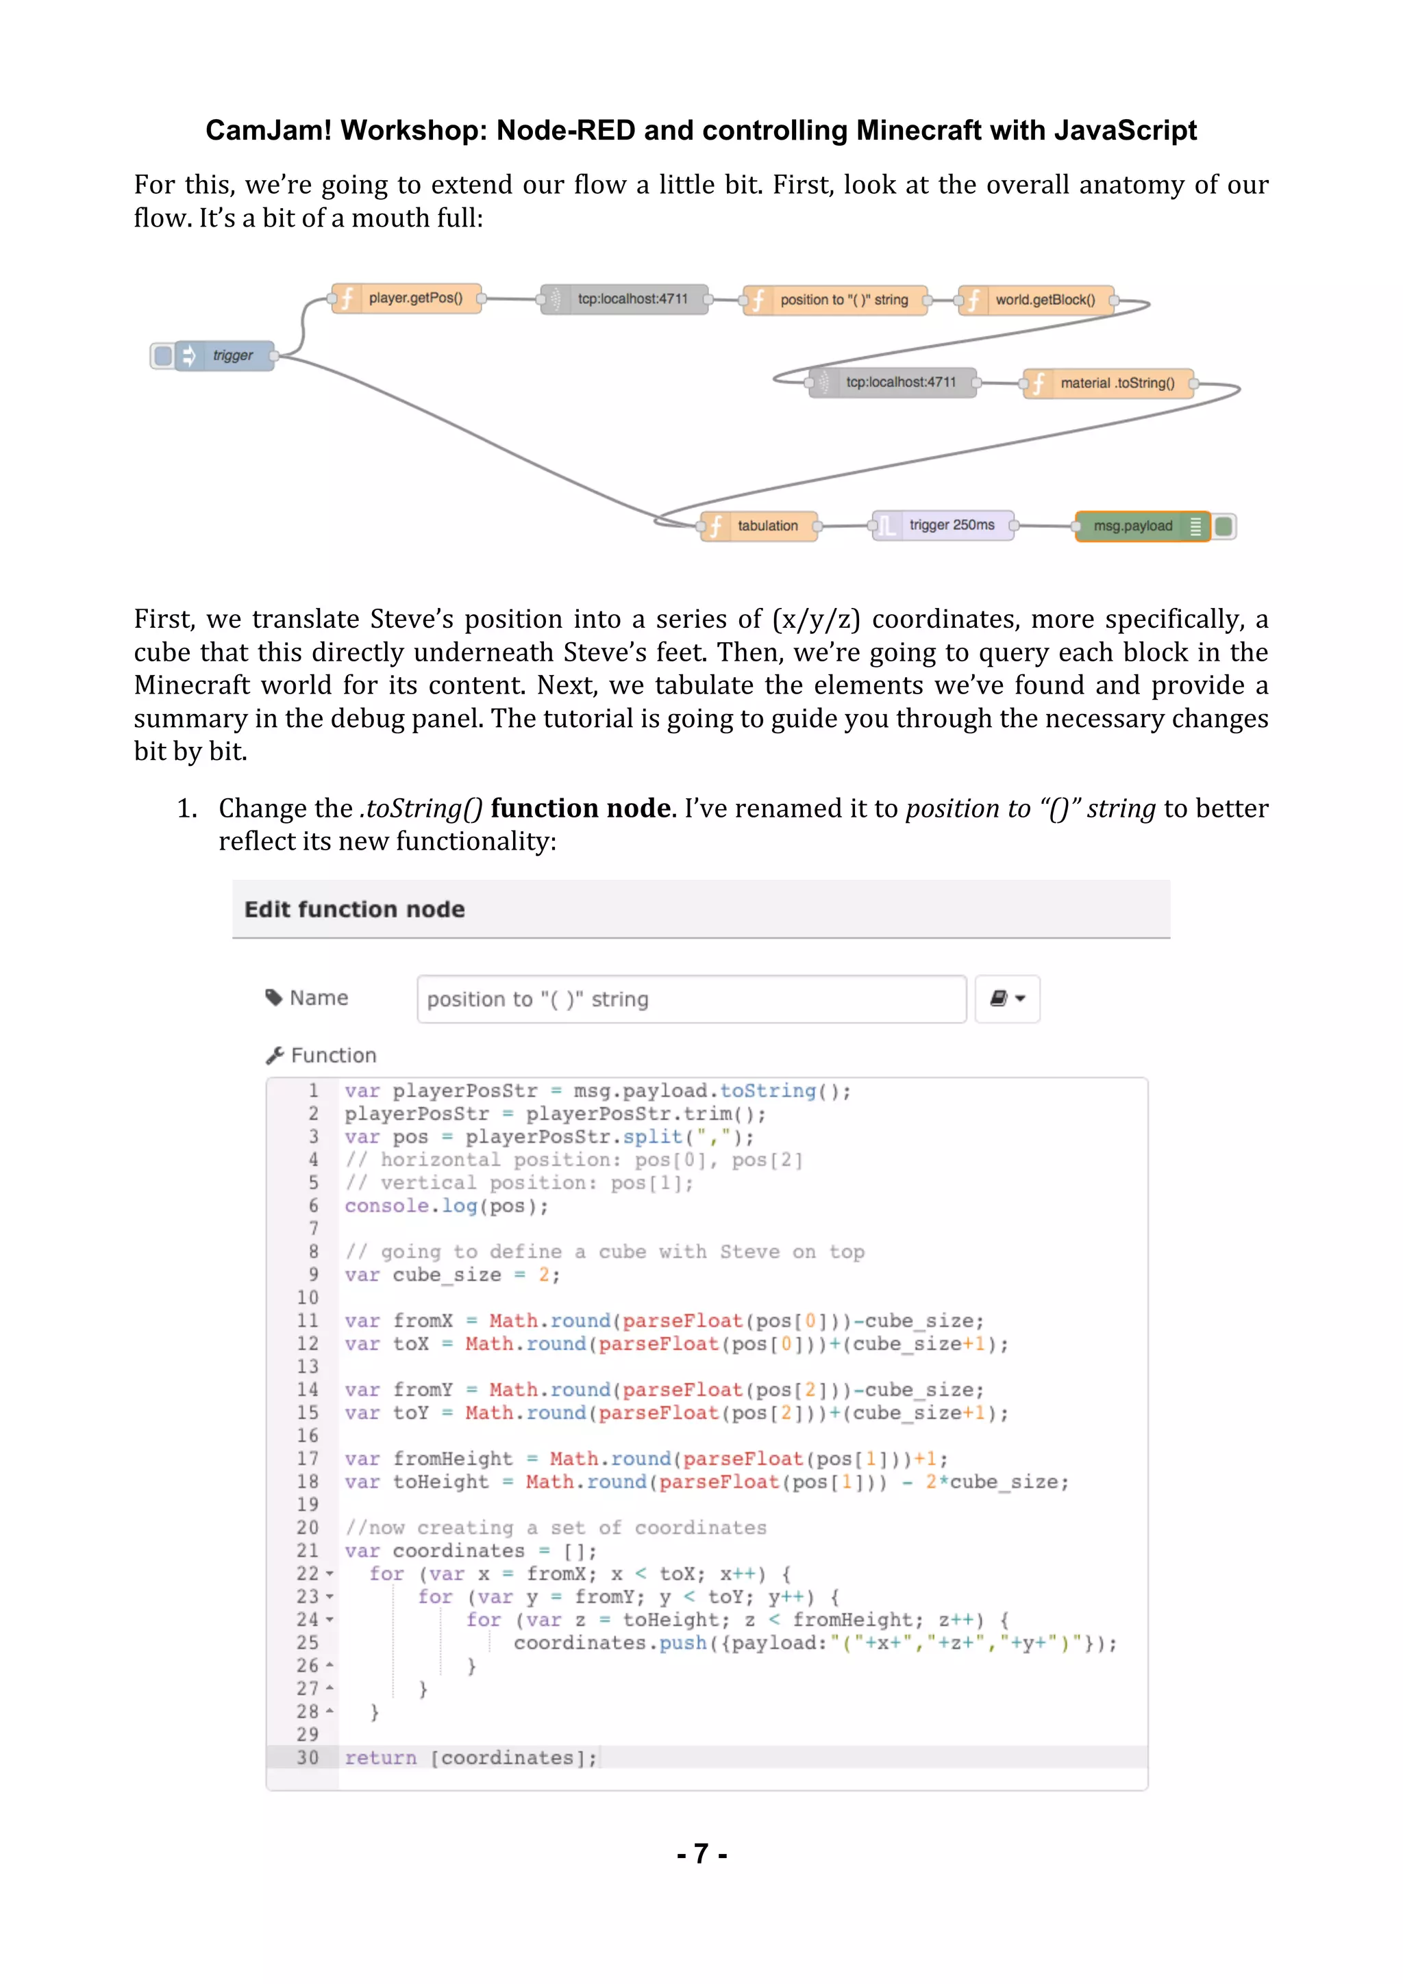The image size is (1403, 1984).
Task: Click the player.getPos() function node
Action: pyautogui.click(x=406, y=299)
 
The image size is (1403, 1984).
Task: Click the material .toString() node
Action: pyautogui.click(x=1108, y=383)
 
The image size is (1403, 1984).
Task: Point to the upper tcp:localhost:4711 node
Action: pyautogui.click(x=624, y=299)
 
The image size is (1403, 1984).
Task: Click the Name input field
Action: pyautogui.click(x=691, y=999)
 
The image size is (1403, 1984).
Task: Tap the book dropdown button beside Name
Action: pyautogui.click(x=1007, y=999)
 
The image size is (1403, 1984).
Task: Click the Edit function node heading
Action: pyautogui.click(x=354, y=909)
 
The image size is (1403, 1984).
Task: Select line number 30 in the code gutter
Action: pyautogui.click(x=308, y=1757)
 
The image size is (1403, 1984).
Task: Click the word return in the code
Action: pyautogui.click(x=380, y=1757)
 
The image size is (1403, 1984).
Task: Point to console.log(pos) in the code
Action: pyautogui.click(x=446, y=1206)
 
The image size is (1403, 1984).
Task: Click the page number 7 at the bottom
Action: pyautogui.click(x=701, y=1853)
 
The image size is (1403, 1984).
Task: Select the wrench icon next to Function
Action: pyautogui.click(x=275, y=1055)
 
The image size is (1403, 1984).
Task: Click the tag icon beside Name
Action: pyautogui.click(x=274, y=998)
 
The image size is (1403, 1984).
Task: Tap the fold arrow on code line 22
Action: pyautogui.click(x=330, y=1575)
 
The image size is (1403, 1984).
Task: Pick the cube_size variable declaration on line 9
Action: pyautogui.click(x=446, y=1275)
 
